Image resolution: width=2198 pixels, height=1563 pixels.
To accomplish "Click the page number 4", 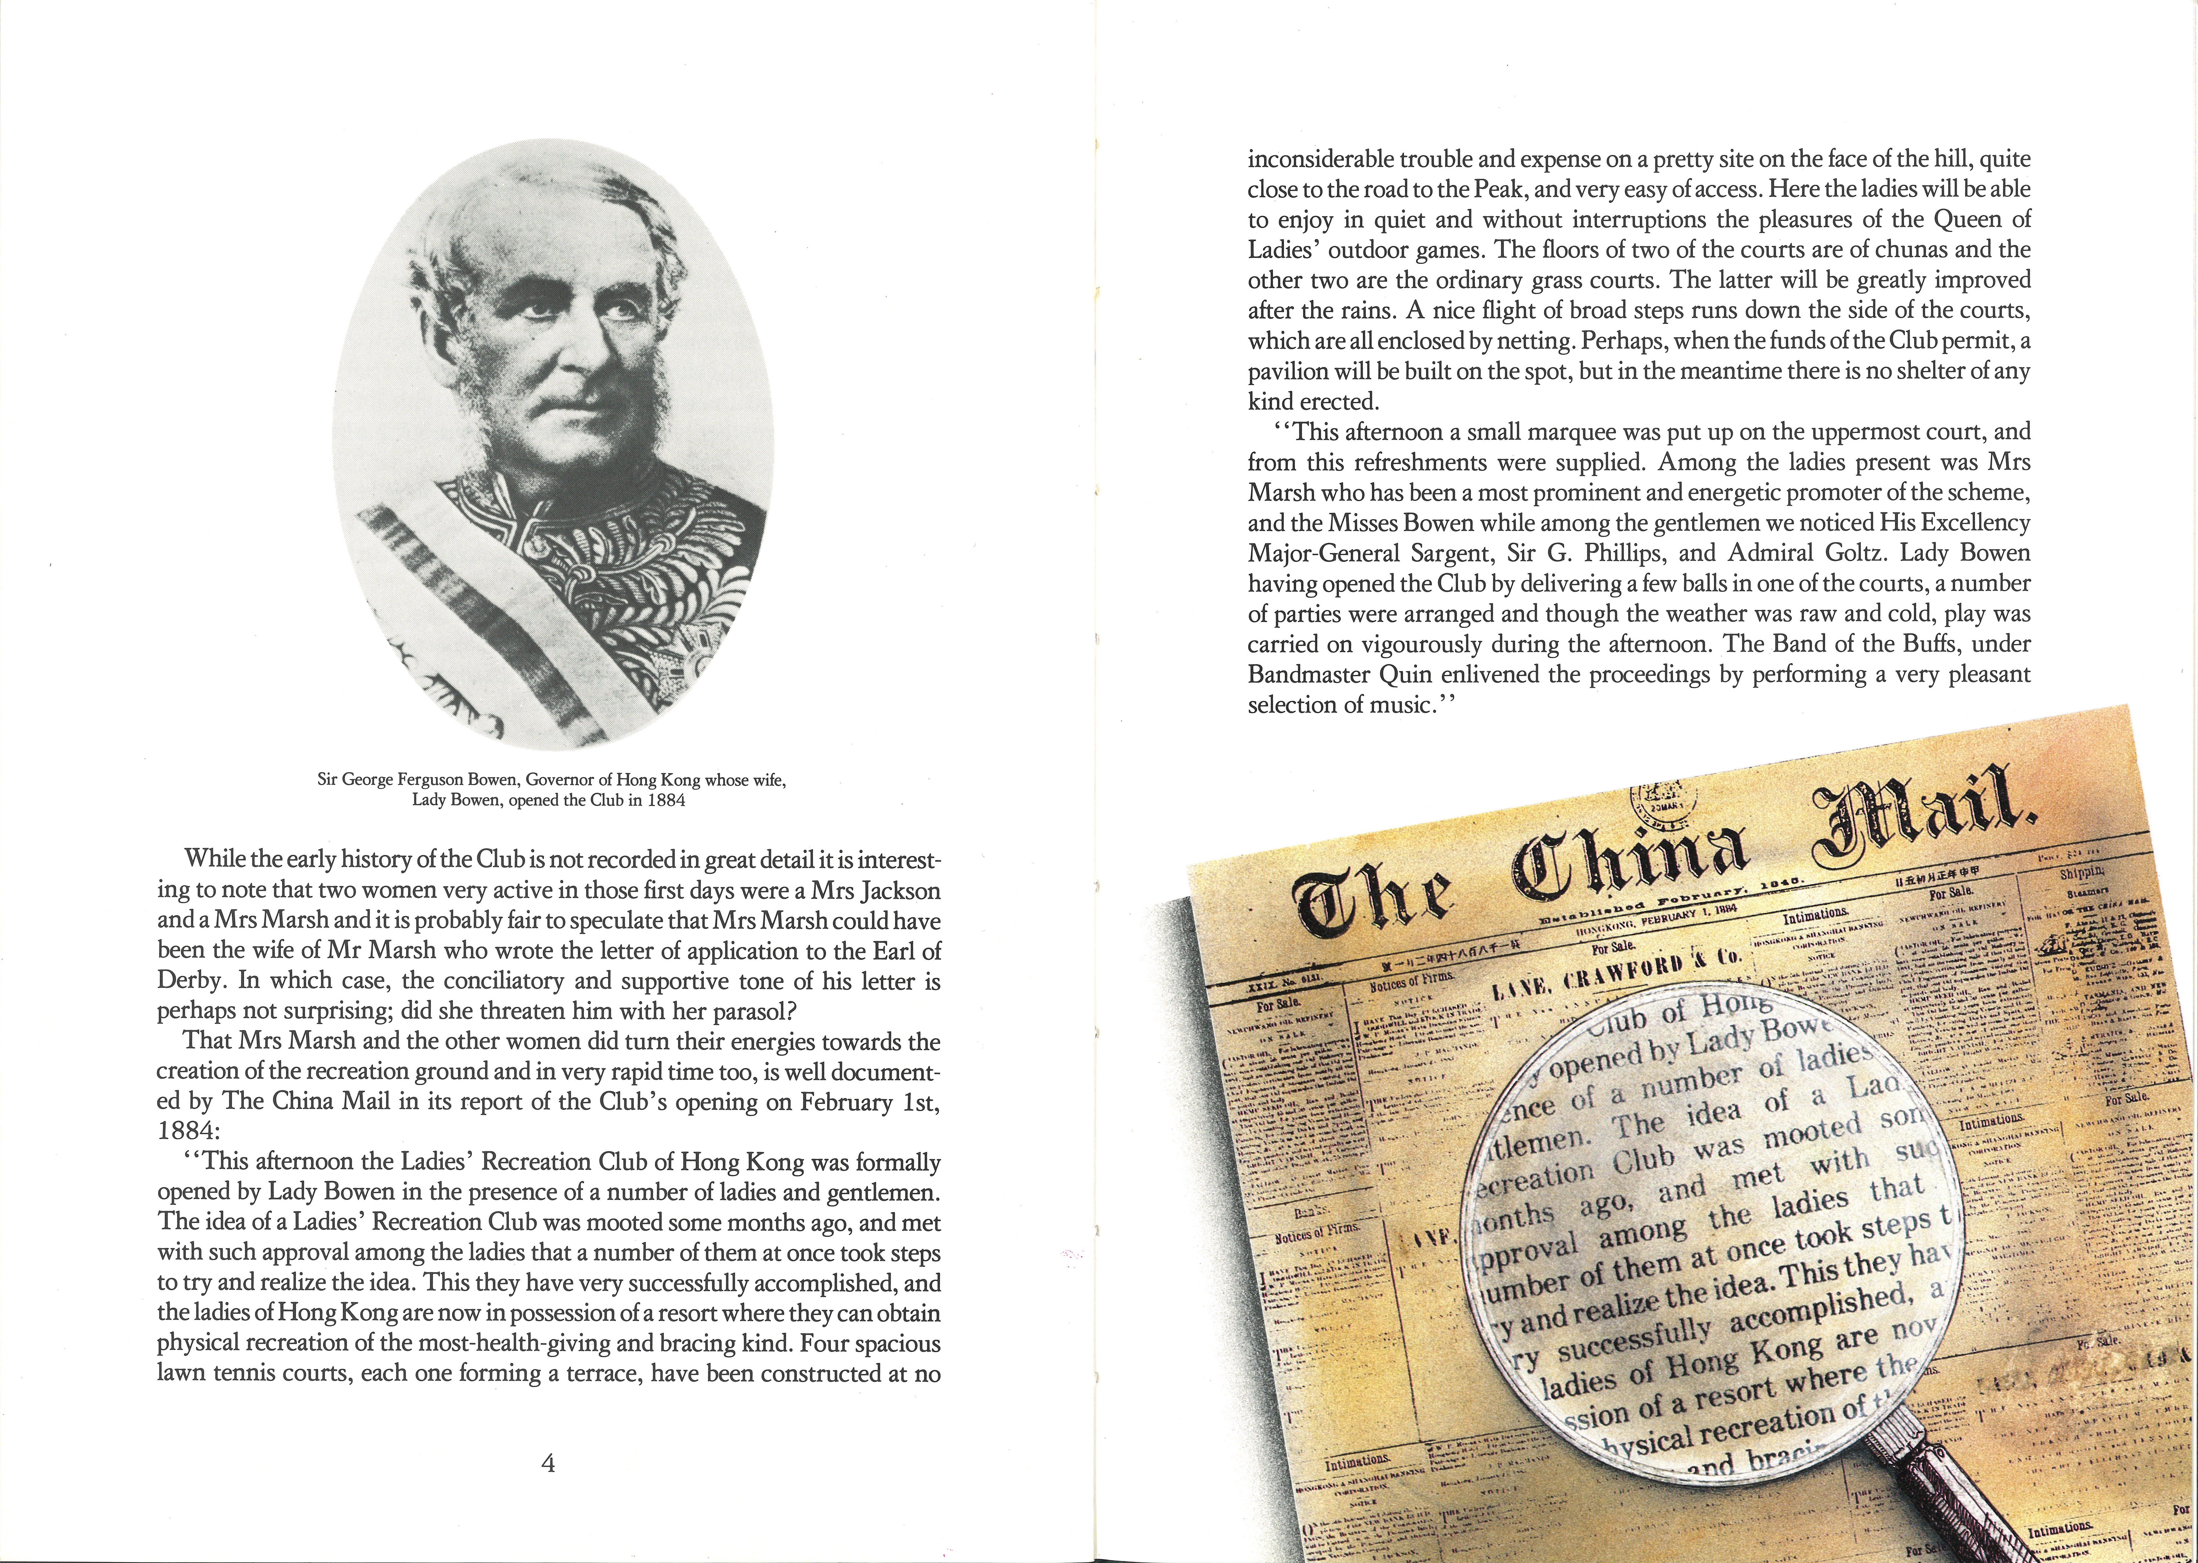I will [548, 1464].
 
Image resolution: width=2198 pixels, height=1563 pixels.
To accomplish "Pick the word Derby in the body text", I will [192, 981].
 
